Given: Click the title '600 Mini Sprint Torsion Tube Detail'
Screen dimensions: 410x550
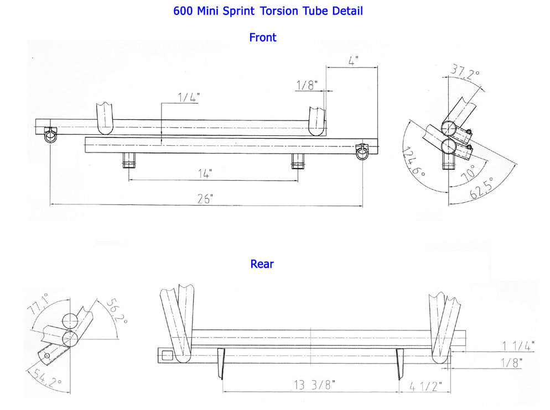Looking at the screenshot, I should pos(268,10).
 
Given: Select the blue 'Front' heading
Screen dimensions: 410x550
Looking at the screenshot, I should pos(263,38).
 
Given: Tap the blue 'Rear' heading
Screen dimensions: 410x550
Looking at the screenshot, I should pos(262,264).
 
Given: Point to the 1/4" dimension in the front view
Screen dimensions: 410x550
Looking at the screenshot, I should pos(189,97).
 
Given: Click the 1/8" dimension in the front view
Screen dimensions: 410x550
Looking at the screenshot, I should pos(308,85).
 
